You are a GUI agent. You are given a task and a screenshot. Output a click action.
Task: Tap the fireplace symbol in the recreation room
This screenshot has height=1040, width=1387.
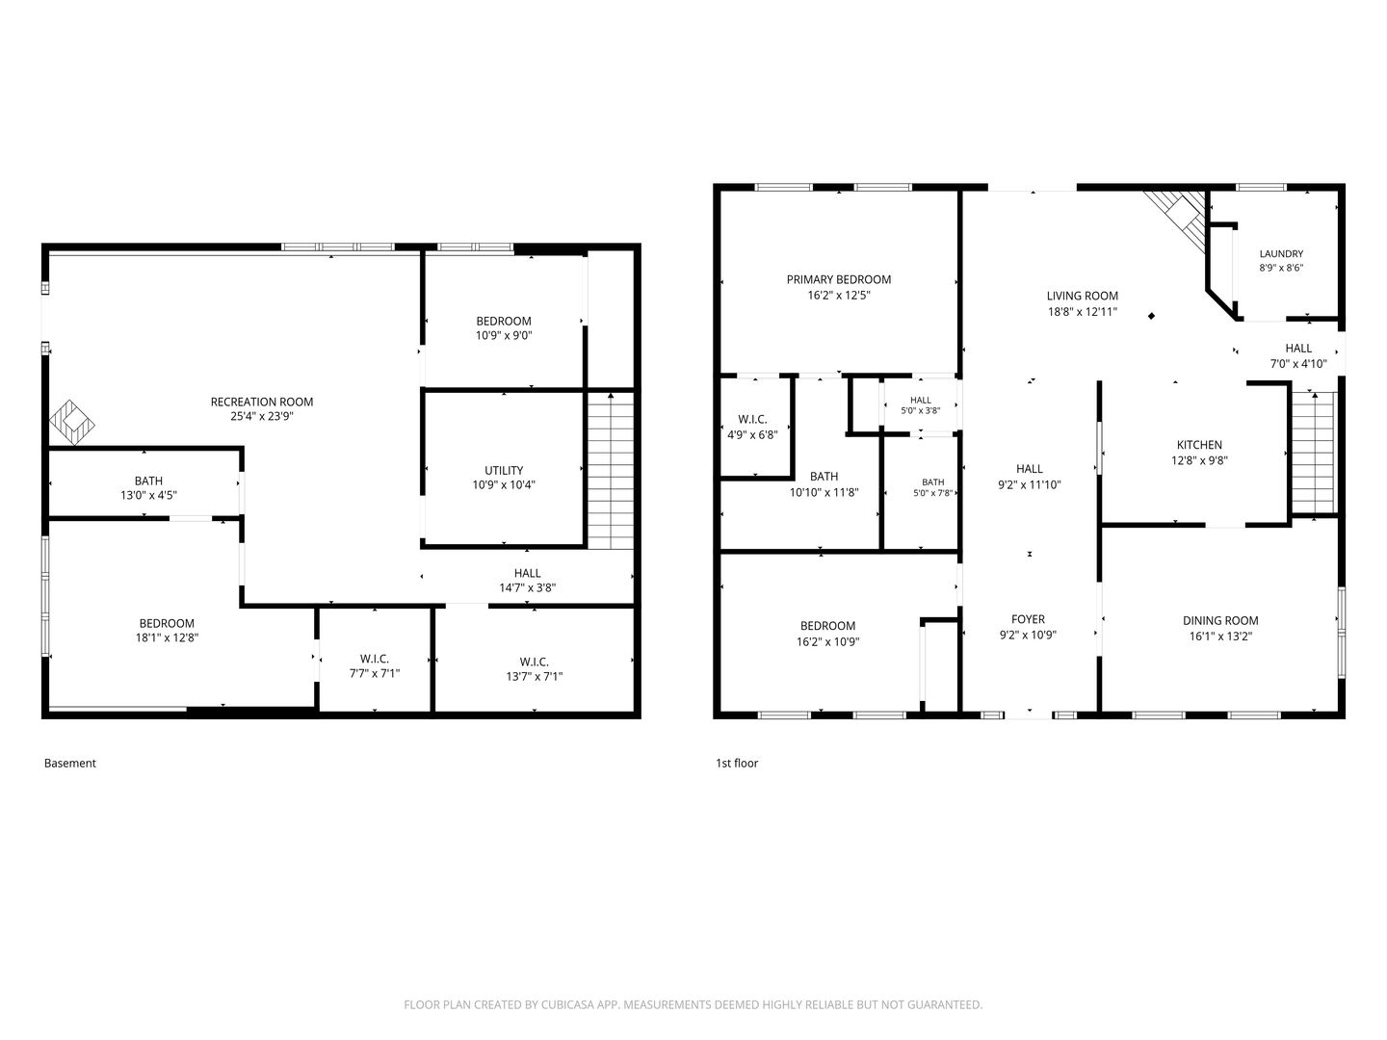pos(72,423)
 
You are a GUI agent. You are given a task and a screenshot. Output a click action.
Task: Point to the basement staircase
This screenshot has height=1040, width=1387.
pos(611,470)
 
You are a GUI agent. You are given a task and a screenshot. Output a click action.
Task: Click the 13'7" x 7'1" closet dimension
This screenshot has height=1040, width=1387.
pos(534,676)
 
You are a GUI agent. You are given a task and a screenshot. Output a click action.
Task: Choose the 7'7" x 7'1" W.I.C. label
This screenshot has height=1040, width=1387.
pos(375,666)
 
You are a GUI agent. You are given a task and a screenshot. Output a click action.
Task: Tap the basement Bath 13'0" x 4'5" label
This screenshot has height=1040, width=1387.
pos(148,488)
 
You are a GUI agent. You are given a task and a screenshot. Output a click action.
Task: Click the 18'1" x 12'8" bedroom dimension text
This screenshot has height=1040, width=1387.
pos(167,637)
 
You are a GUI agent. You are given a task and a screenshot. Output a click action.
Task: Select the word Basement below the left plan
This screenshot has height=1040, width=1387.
pos(70,763)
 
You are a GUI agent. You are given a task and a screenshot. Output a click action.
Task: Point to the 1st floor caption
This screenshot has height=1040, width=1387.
pos(737,763)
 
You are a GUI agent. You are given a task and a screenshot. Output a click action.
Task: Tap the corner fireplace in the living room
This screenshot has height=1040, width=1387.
pos(1176,222)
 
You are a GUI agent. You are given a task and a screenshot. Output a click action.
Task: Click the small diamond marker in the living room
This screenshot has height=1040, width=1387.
pos(1151,316)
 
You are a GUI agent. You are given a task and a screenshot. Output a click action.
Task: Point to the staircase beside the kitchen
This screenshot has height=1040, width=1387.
pos(1315,453)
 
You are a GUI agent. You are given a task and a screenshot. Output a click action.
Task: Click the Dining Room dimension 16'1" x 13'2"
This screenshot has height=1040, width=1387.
pos(1220,636)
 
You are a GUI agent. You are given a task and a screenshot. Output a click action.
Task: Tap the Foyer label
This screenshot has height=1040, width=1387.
pos(1028,619)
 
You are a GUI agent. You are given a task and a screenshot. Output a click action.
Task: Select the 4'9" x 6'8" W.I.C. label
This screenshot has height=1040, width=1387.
pos(752,427)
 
